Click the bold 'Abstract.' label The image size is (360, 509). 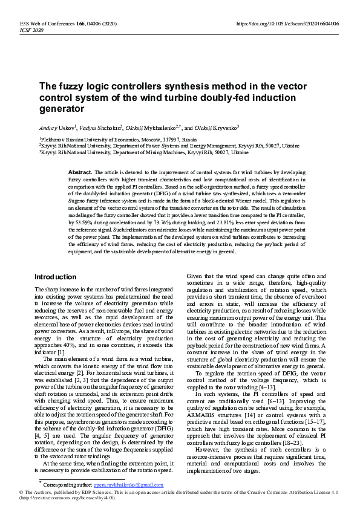pyautogui.click(x=80, y=172)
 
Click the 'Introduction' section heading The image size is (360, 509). pyautogui.click(x=55, y=276)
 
